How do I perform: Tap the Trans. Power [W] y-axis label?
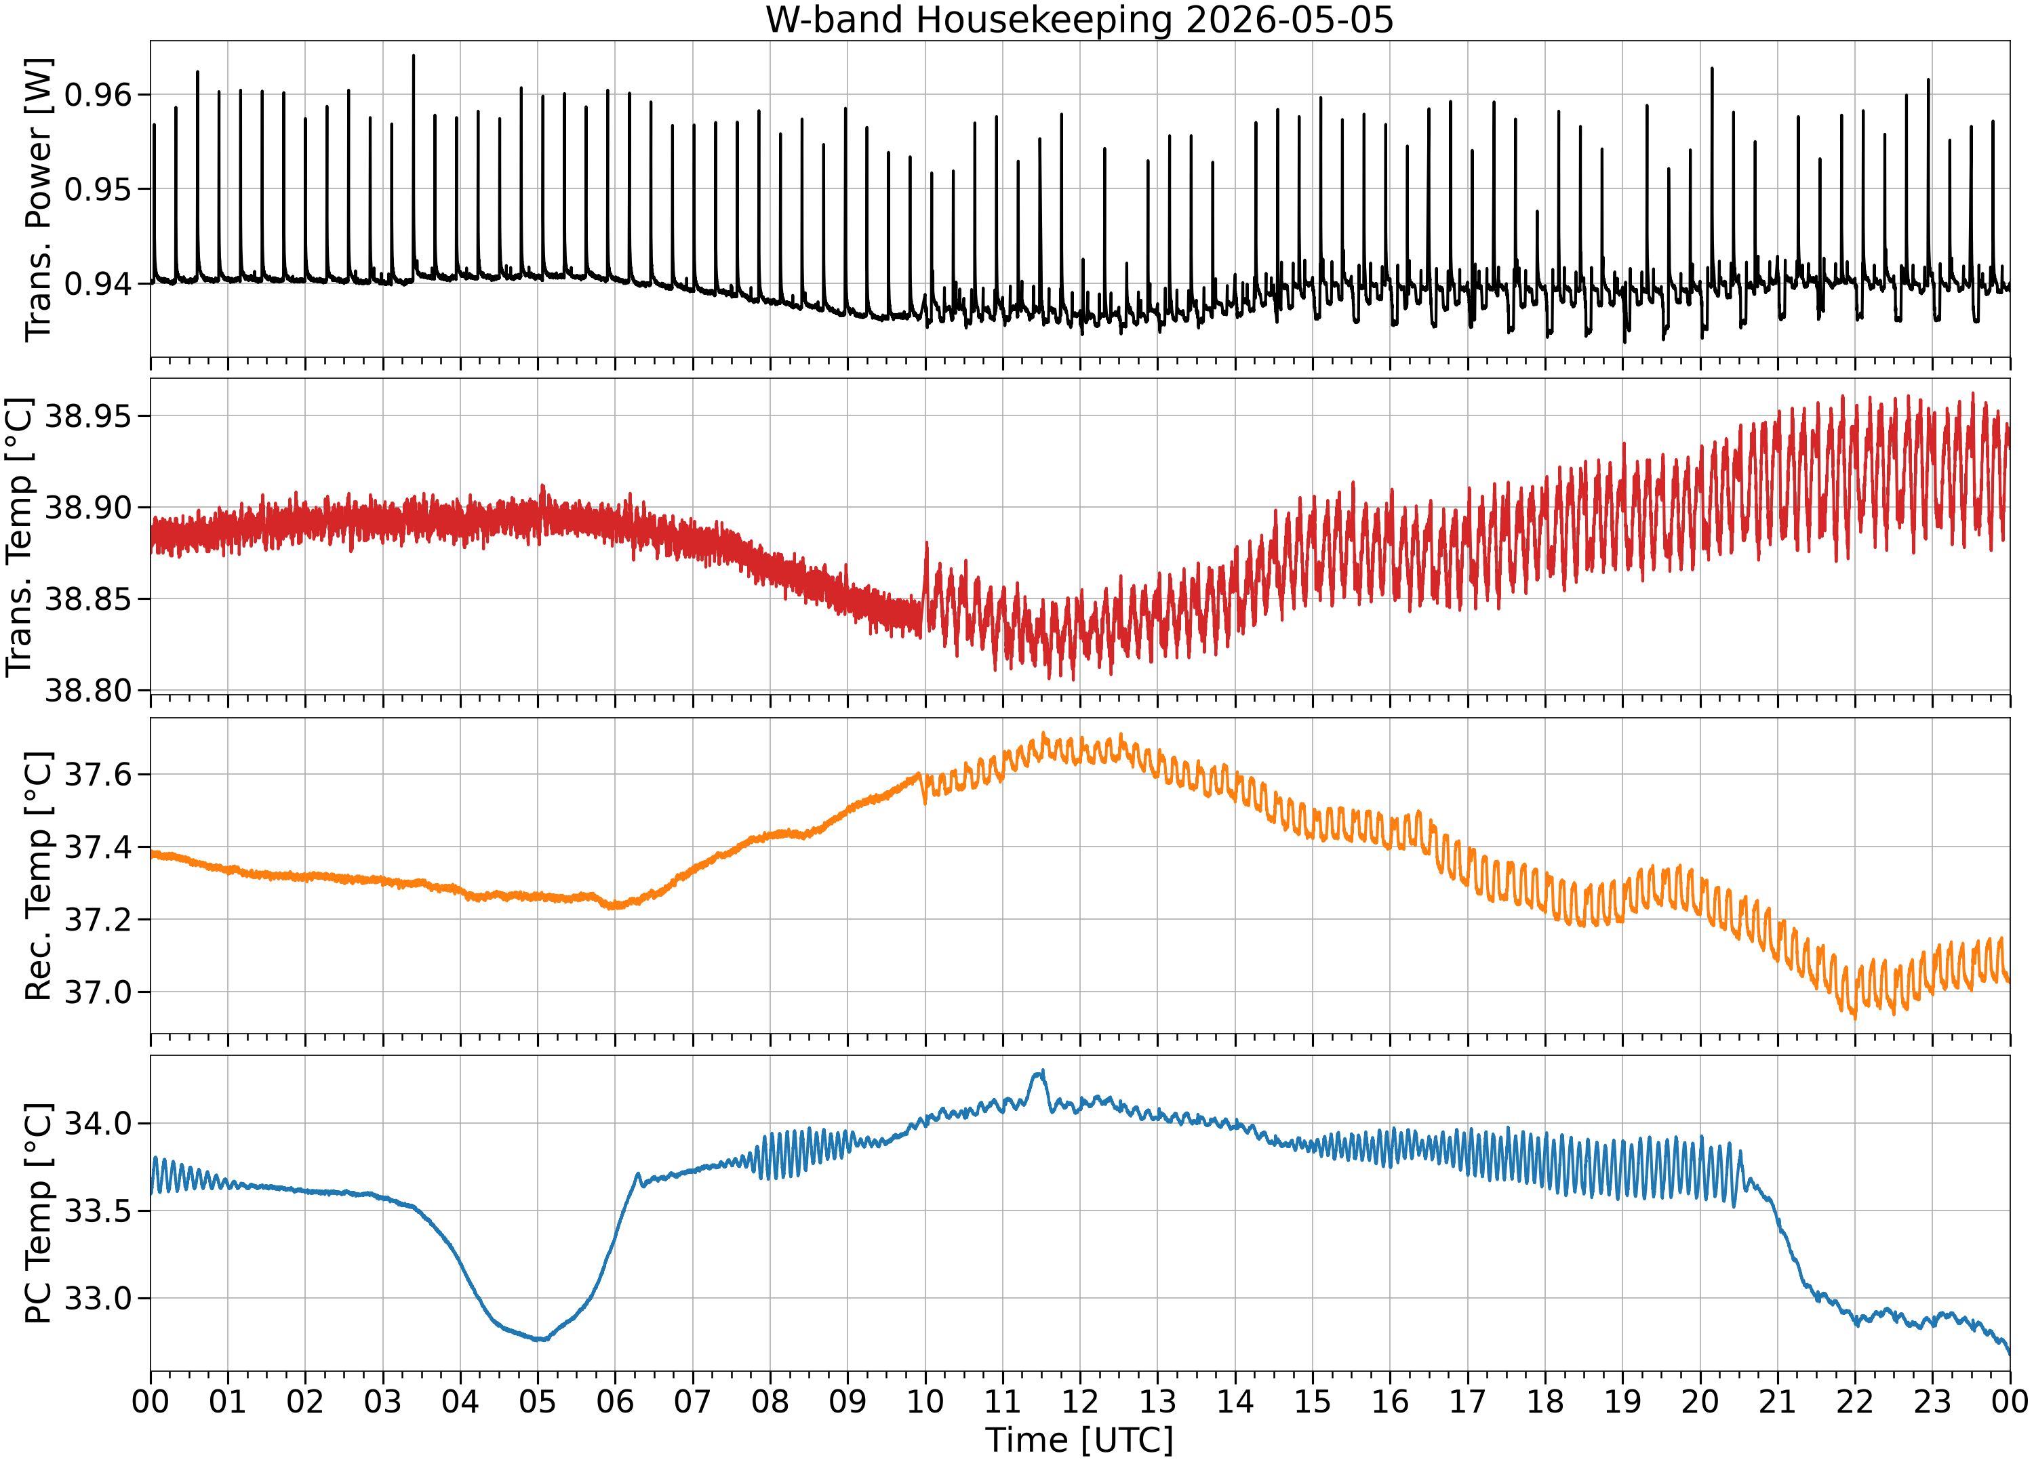coord(39,199)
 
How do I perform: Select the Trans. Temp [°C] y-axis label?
coord(20,537)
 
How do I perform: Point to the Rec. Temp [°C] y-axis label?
coord(39,876)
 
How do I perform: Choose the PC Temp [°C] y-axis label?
coord(39,1213)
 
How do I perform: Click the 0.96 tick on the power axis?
coord(98,94)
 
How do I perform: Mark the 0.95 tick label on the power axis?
coord(98,189)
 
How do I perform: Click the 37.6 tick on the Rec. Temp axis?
coord(98,775)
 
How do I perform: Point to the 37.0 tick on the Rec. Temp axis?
coord(98,992)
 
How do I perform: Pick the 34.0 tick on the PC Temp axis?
coord(98,1123)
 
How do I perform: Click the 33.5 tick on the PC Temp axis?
coord(98,1211)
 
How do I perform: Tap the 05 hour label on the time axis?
coord(537,1401)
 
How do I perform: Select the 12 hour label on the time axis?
coord(1080,1401)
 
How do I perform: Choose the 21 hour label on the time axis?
coord(1778,1401)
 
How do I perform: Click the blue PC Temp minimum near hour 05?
coord(540,1339)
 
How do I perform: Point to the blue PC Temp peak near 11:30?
coord(1042,1070)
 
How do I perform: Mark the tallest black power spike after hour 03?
coord(414,56)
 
